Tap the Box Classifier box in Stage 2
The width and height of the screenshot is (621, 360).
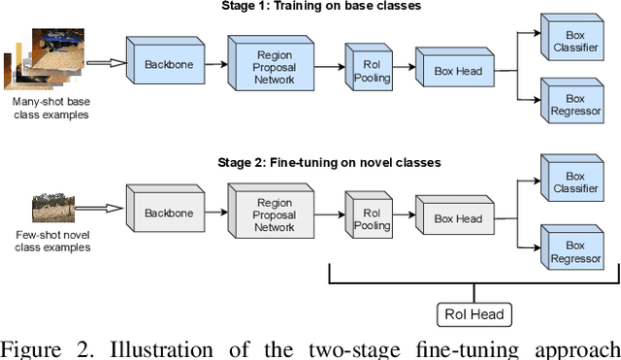pos(573,181)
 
